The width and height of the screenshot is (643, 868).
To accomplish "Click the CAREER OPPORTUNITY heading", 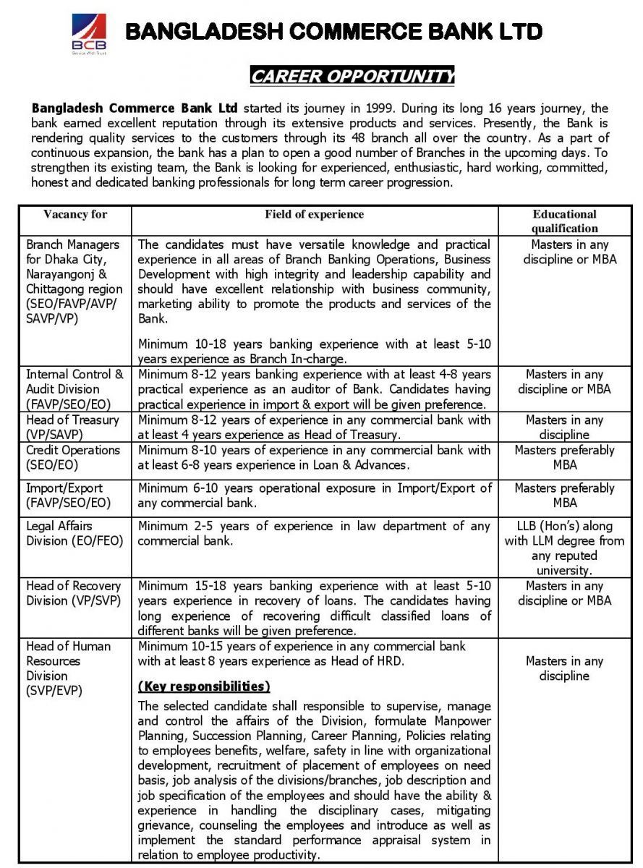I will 352,76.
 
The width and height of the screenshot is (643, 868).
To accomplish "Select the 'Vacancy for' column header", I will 75,214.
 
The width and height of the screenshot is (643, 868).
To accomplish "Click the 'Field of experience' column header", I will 314,214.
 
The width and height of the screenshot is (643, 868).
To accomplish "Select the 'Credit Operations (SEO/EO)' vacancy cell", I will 73,457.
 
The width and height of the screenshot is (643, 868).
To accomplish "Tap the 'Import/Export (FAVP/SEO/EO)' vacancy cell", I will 69,495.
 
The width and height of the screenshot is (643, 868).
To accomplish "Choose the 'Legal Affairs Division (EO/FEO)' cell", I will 74,534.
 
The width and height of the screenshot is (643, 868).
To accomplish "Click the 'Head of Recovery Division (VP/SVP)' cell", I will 73,593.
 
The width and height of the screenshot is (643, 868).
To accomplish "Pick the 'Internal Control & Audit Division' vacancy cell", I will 74,389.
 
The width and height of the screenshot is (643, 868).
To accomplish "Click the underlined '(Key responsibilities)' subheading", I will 204,686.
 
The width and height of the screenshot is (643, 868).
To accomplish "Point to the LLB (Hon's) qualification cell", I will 564,548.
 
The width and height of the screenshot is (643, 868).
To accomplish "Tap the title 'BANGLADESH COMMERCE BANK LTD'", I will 334,32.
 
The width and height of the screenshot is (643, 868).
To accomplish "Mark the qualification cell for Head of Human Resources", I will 564,668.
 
